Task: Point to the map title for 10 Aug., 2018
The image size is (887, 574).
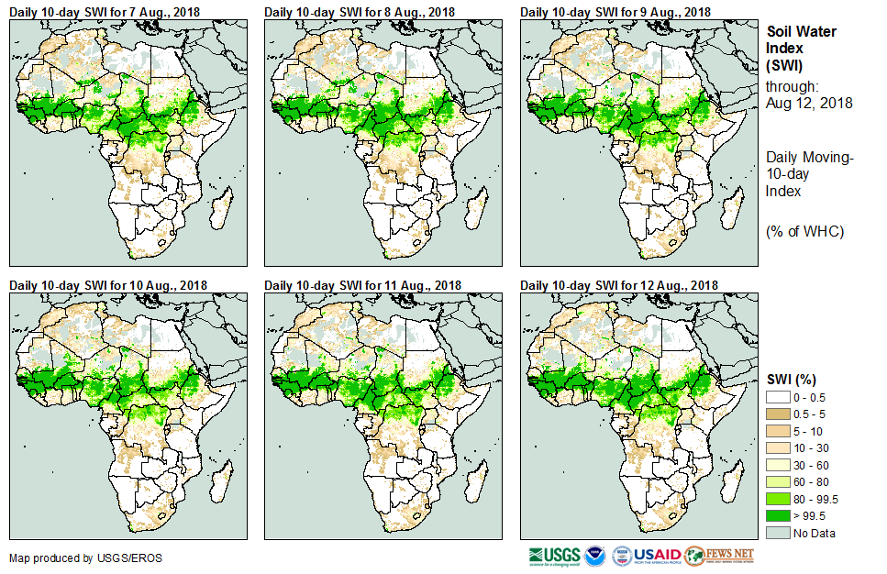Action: click(x=108, y=285)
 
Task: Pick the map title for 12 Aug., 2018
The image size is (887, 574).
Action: click(x=619, y=285)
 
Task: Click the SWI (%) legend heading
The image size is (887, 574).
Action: click(x=792, y=380)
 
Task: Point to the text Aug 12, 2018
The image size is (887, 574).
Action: click(x=809, y=104)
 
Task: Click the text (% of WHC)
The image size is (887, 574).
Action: click(x=805, y=231)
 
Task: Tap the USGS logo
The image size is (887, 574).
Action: click(x=554, y=556)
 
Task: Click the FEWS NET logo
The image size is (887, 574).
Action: click(x=719, y=556)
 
